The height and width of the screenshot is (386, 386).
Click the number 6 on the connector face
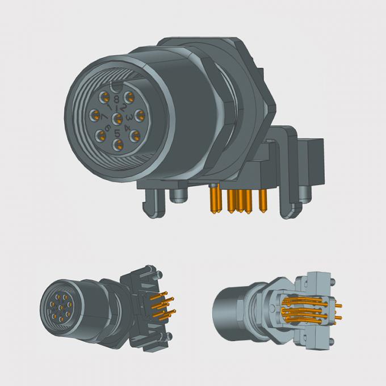click(106, 126)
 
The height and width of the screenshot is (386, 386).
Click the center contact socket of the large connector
click(117, 118)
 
